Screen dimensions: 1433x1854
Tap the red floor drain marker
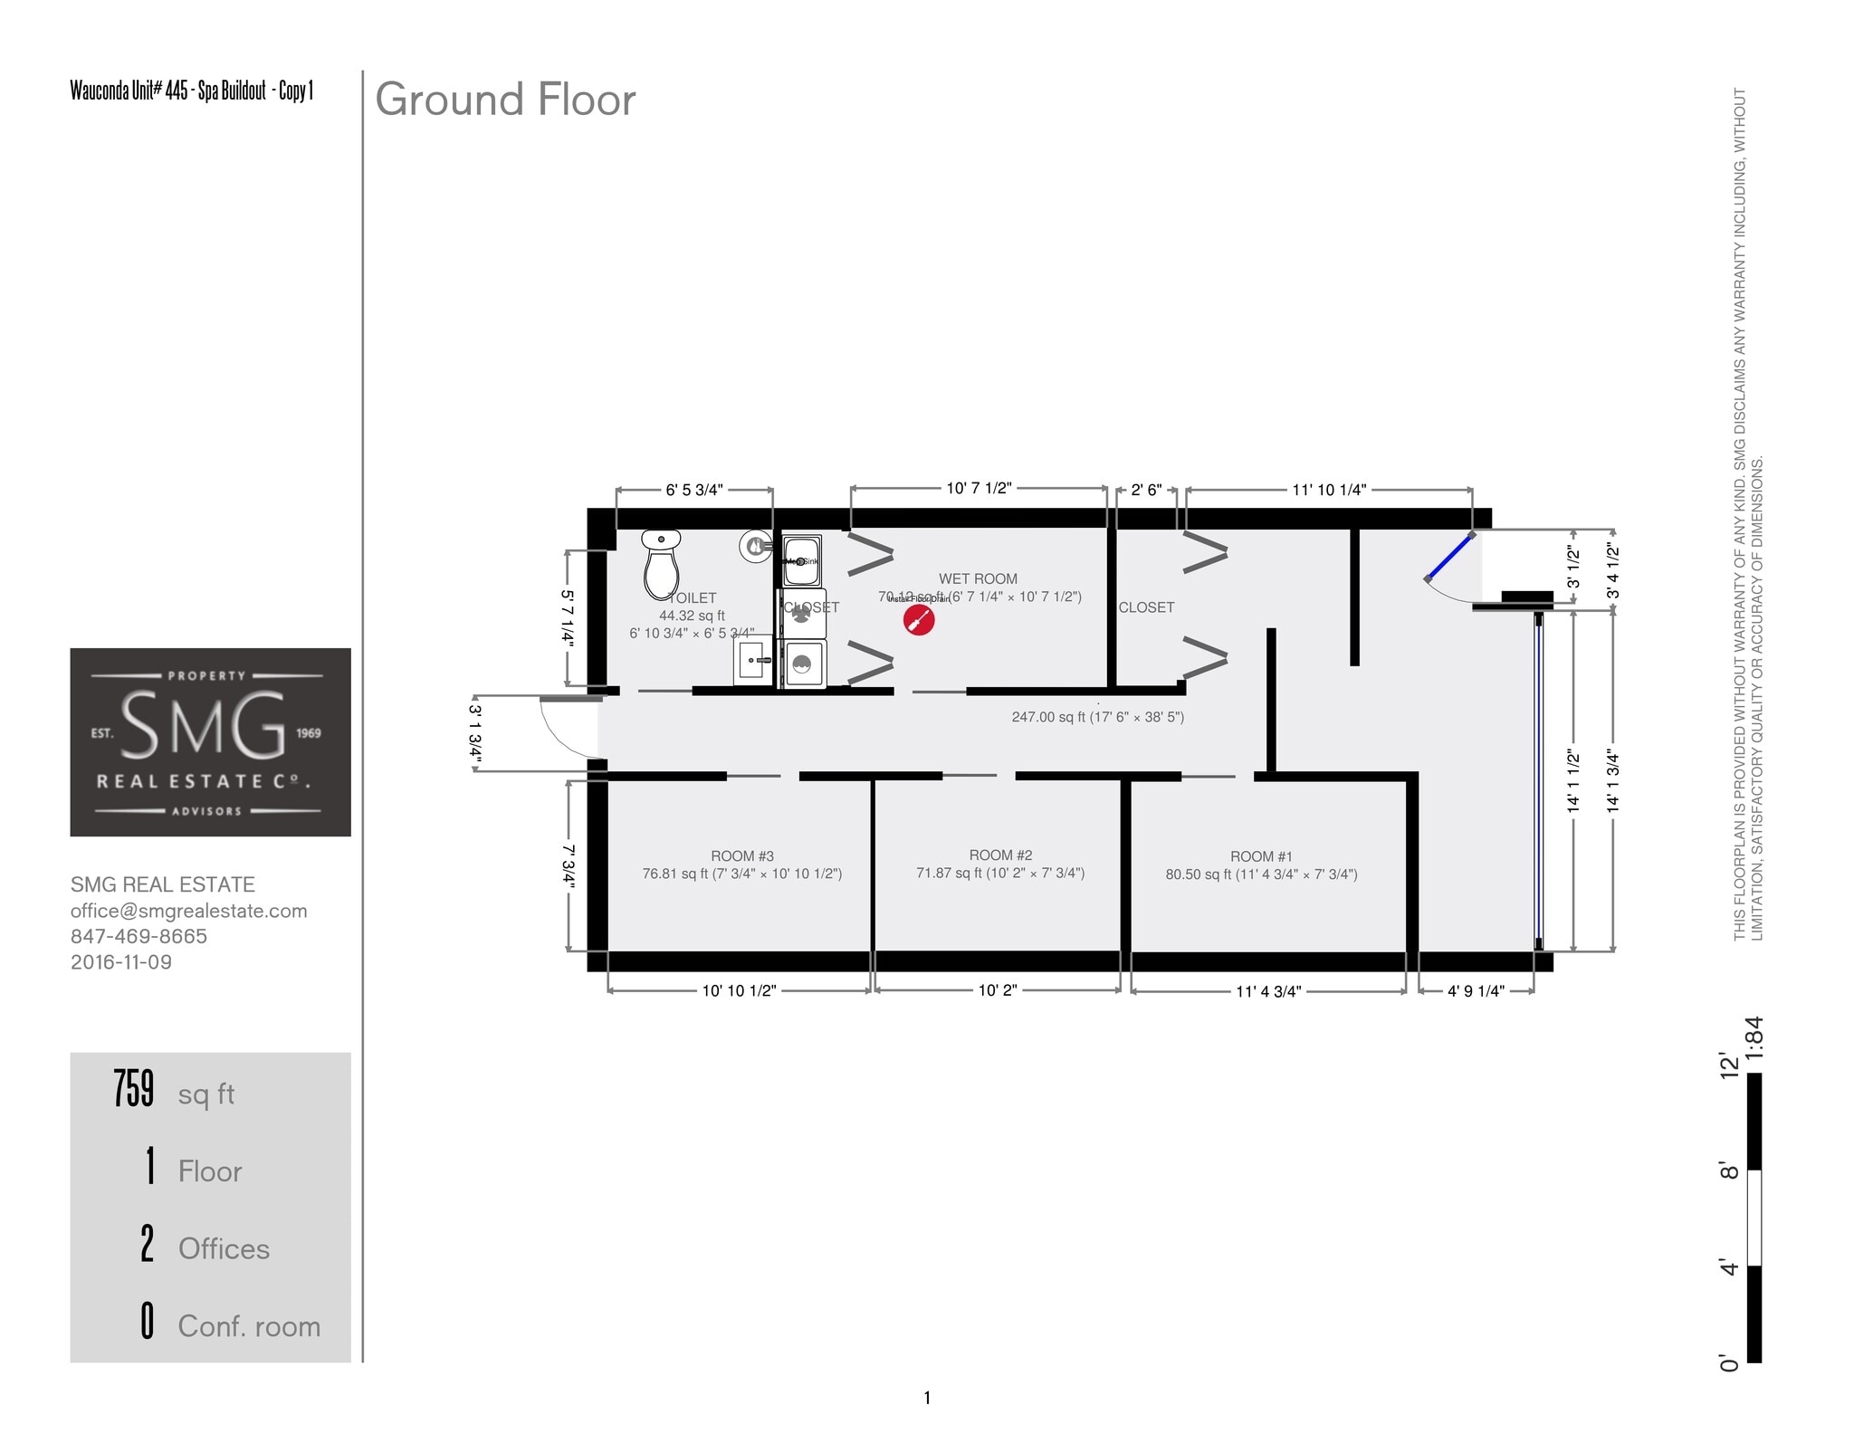click(x=919, y=620)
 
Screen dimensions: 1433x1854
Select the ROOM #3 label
click(x=741, y=856)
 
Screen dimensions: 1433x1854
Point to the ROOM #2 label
click(x=1000, y=855)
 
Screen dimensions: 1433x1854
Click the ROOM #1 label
click(x=1261, y=856)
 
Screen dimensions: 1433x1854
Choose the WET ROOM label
click(x=978, y=579)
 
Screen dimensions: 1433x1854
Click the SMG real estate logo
click(x=210, y=741)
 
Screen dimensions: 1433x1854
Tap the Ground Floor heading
click(x=505, y=100)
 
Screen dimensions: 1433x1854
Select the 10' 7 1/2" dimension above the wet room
click(x=979, y=489)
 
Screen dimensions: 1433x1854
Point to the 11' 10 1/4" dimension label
click(x=1328, y=491)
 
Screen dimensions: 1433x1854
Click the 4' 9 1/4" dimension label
click(x=1476, y=991)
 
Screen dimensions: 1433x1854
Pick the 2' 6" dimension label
click(x=1146, y=491)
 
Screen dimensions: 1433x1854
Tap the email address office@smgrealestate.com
click(x=188, y=911)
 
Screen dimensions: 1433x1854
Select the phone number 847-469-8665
click(x=139, y=936)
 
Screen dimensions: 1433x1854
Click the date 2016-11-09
click(x=121, y=961)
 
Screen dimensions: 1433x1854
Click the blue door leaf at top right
click(x=1448, y=557)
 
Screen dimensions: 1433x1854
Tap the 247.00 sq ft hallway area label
click(x=1097, y=717)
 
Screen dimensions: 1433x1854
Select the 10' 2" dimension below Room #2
click(x=997, y=990)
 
